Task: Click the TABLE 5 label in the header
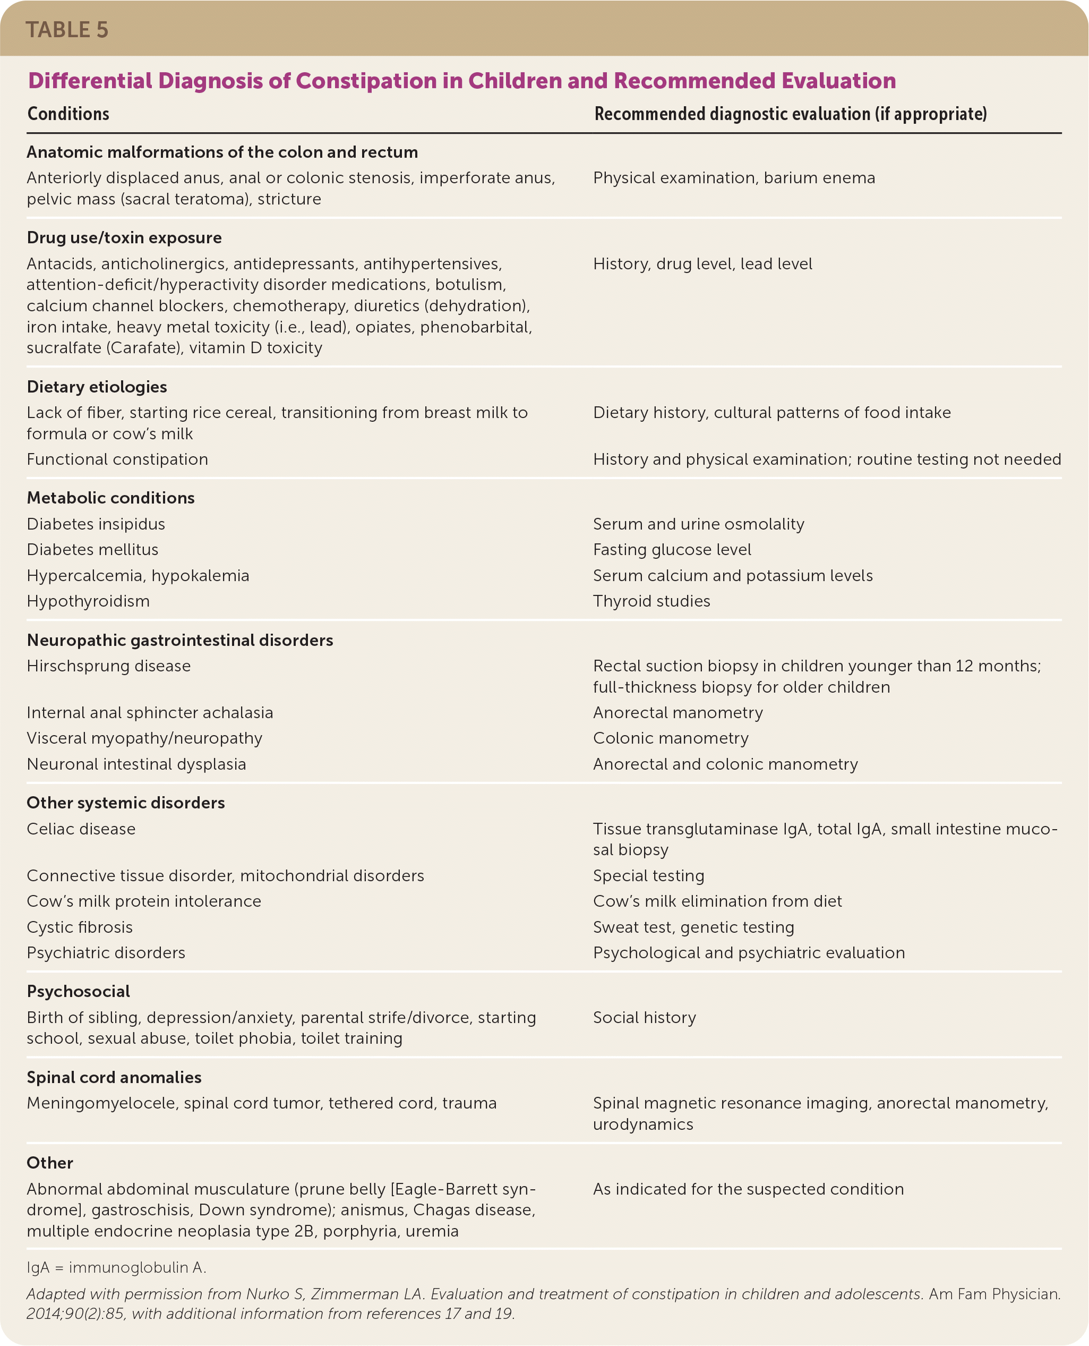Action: pyautogui.click(x=67, y=30)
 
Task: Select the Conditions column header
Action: pyautogui.click(x=68, y=114)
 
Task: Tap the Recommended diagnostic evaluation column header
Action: pyautogui.click(x=791, y=114)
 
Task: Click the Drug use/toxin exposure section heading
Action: pyautogui.click(x=124, y=238)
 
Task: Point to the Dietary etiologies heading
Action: pyautogui.click(x=97, y=387)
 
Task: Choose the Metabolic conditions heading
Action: pyautogui.click(x=110, y=498)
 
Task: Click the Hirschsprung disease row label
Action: pyautogui.click(x=108, y=666)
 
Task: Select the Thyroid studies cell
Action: pyautogui.click(x=652, y=601)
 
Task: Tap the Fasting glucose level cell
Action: pyautogui.click(x=672, y=550)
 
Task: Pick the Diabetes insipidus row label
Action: pyautogui.click(x=96, y=524)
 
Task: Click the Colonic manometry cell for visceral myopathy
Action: pyautogui.click(x=671, y=738)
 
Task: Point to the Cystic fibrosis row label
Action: pyautogui.click(x=80, y=927)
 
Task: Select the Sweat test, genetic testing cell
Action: pyautogui.click(x=693, y=927)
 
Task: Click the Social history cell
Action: pyautogui.click(x=644, y=1017)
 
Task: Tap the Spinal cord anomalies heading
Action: pyautogui.click(x=114, y=1077)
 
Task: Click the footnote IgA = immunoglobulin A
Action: pyautogui.click(x=117, y=1267)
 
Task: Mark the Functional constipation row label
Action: pyautogui.click(x=117, y=459)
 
